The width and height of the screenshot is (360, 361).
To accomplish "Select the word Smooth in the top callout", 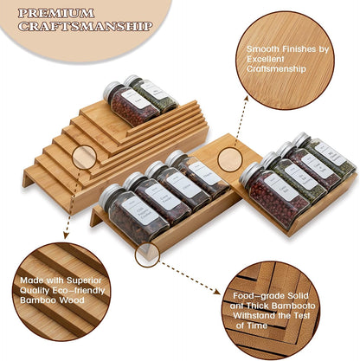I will coord(261,49).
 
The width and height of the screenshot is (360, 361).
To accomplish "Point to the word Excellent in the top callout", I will coord(266,59).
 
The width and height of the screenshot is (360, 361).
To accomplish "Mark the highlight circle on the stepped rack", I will coord(84,157).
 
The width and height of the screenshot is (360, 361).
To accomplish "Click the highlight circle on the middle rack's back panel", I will coord(228,158).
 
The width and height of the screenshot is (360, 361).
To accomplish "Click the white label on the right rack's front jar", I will coord(280,186).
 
